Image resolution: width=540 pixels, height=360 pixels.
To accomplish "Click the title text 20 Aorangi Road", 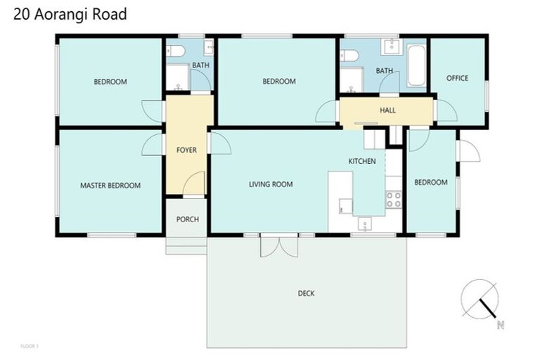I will [x=70, y=14].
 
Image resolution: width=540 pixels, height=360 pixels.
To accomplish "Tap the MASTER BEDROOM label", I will [x=110, y=186].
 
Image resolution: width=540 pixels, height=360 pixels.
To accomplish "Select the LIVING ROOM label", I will [x=271, y=185].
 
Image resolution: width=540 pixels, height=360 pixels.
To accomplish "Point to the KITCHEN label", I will [x=362, y=162].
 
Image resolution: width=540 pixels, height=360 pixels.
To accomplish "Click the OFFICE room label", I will [x=457, y=78].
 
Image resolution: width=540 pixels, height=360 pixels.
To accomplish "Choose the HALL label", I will [x=387, y=110].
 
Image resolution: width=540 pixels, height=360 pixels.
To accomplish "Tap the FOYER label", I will [x=187, y=150].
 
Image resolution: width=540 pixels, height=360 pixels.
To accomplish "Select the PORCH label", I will [x=187, y=219].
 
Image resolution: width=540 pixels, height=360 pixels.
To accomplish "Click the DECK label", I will [x=306, y=293].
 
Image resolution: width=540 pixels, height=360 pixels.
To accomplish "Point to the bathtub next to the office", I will [x=416, y=66].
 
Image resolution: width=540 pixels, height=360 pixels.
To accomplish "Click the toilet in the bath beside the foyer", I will [x=176, y=51].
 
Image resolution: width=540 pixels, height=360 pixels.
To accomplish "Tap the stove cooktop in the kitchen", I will [x=393, y=200].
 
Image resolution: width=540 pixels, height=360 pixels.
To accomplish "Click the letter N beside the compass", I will [x=500, y=325].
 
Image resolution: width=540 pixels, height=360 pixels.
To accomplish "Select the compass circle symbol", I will [x=480, y=298].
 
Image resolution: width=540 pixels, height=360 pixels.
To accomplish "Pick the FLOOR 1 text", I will [x=29, y=346].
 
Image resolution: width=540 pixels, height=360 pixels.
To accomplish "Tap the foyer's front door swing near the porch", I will [x=193, y=184].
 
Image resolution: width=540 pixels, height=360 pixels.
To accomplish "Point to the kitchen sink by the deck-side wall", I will [x=364, y=224].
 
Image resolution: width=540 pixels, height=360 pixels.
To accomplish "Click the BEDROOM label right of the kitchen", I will [x=430, y=183].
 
